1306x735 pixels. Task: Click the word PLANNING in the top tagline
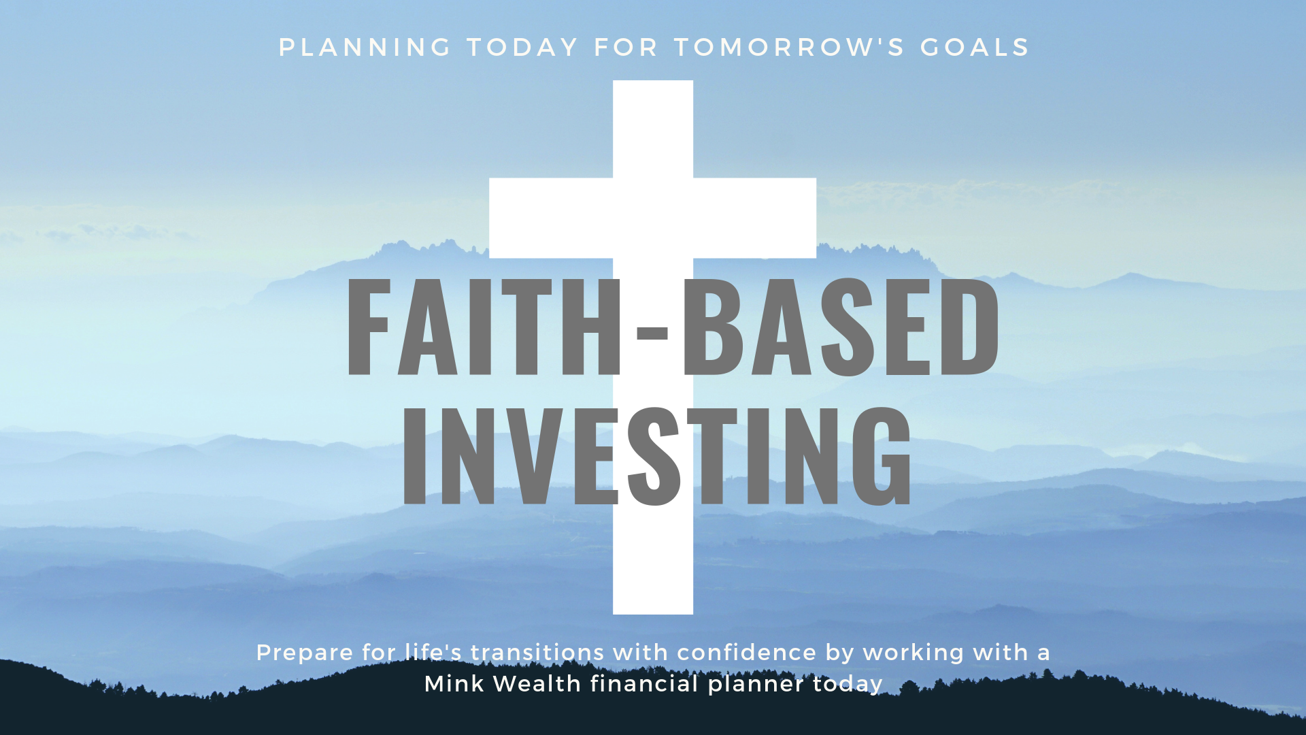coord(365,48)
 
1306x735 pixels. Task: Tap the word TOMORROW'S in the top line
coord(789,48)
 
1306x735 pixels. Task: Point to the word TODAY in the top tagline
coord(522,48)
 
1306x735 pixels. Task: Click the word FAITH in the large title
coord(484,327)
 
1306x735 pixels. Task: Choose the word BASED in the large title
coord(841,327)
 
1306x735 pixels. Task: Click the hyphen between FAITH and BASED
coord(652,332)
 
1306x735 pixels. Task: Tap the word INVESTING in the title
coord(657,456)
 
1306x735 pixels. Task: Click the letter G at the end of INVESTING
coord(882,456)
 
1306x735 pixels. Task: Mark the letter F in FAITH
coord(369,327)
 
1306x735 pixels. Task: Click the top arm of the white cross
coord(653,129)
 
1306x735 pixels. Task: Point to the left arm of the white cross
coord(551,218)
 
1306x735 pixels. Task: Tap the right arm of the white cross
coord(755,218)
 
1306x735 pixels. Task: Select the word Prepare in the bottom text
coord(305,653)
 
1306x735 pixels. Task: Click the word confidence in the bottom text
coord(746,653)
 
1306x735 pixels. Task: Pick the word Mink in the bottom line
coord(454,683)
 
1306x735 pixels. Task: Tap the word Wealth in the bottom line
coord(537,683)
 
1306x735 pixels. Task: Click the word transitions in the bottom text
coord(537,653)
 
